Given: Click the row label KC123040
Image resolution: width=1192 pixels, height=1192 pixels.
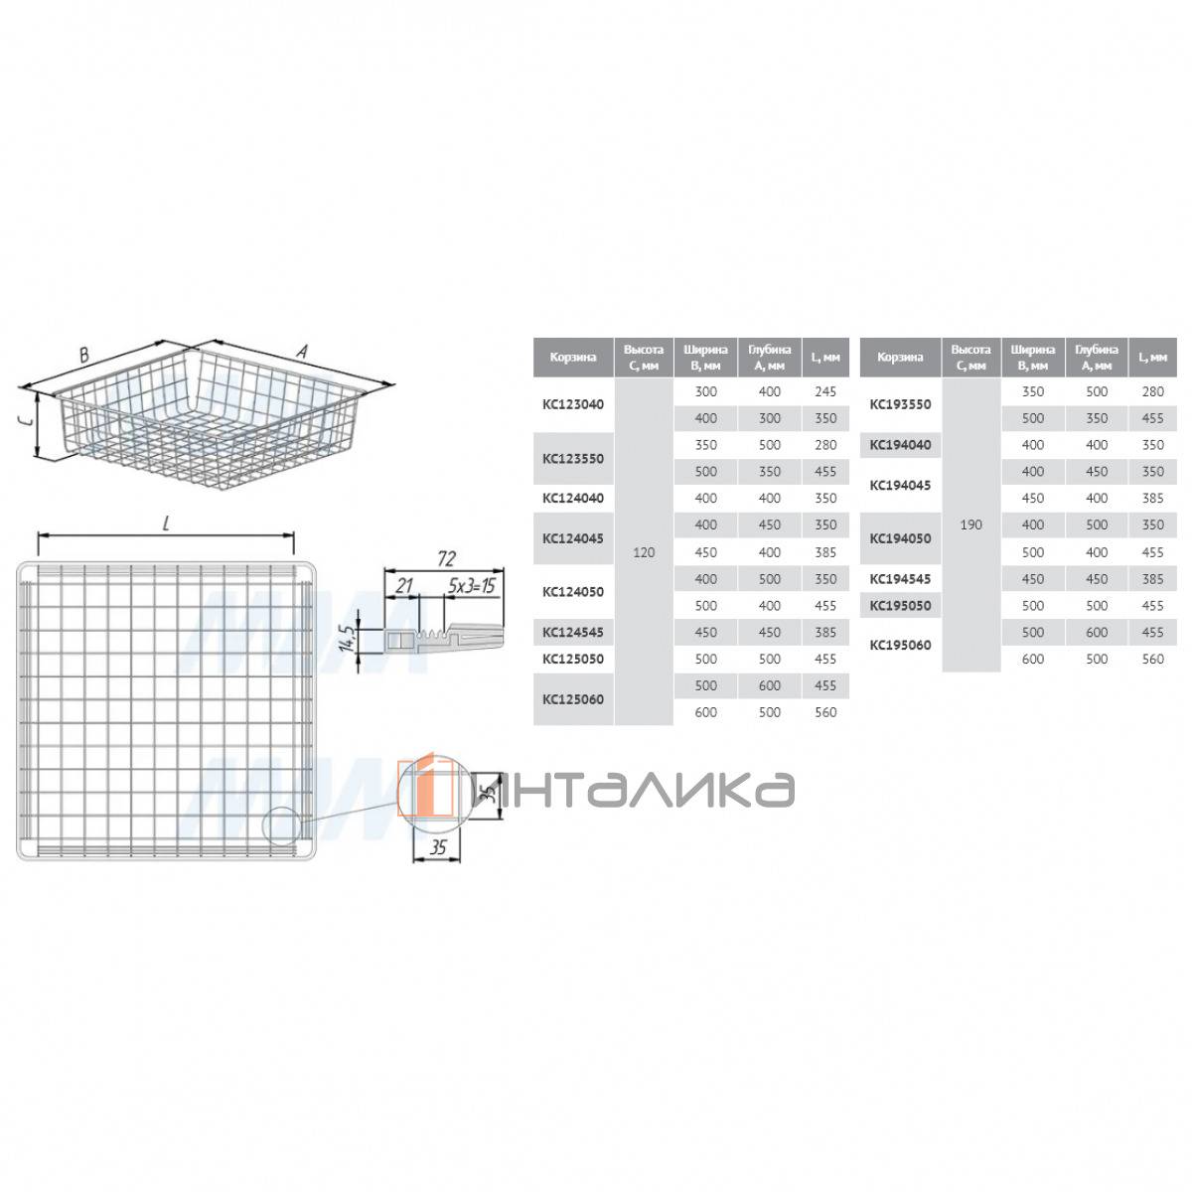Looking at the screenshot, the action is click(x=572, y=404).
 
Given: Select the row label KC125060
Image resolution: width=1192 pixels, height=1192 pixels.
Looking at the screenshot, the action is click(x=572, y=699).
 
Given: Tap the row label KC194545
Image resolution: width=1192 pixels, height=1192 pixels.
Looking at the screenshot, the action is click(x=899, y=579).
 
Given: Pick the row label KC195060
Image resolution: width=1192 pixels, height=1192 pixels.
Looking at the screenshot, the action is click(x=899, y=646).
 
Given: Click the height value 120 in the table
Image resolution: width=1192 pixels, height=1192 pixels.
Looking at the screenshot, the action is click(x=644, y=552).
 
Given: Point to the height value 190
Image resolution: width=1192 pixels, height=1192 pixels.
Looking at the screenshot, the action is click(x=970, y=525).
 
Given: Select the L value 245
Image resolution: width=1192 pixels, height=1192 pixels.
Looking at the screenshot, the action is click(x=825, y=391).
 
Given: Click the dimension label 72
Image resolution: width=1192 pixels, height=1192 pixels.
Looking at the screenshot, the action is click(x=445, y=558).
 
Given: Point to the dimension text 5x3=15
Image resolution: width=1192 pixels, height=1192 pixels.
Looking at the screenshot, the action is click(x=472, y=586).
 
